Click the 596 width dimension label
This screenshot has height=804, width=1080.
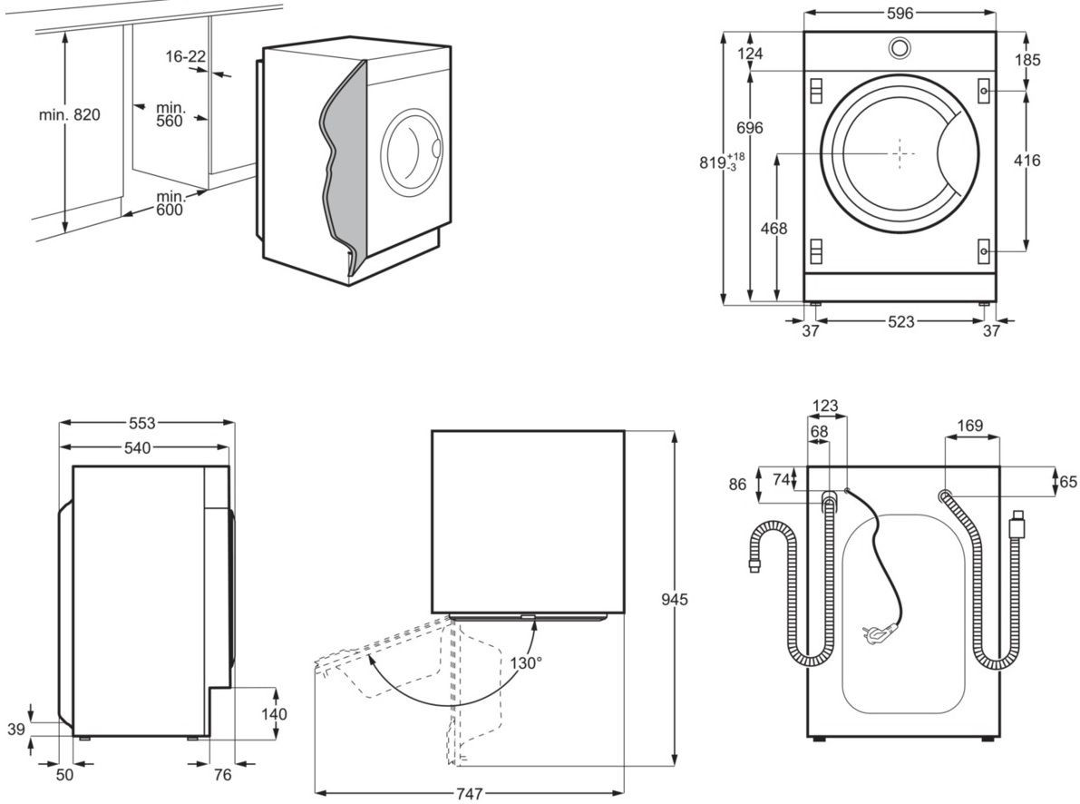(900, 13)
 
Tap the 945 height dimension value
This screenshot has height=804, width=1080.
(675, 600)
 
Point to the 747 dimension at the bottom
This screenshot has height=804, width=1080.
(469, 794)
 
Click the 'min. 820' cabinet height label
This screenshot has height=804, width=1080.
(69, 114)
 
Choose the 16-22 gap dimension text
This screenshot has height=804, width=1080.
(185, 56)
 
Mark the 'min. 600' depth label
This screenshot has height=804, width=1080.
(170, 203)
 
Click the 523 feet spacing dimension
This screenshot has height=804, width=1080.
(900, 321)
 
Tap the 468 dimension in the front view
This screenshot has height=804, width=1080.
(773, 229)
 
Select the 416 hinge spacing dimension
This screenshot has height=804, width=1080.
(1027, 161)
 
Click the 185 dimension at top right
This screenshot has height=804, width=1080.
(1027, 60)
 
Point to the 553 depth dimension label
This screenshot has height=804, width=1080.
(141, 423)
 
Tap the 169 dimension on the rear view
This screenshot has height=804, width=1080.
(969, 425)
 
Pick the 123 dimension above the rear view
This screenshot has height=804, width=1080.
(825, 406)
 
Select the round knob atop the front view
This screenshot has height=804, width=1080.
(899, 47)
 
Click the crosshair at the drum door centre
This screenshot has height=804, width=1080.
(899, 152)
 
